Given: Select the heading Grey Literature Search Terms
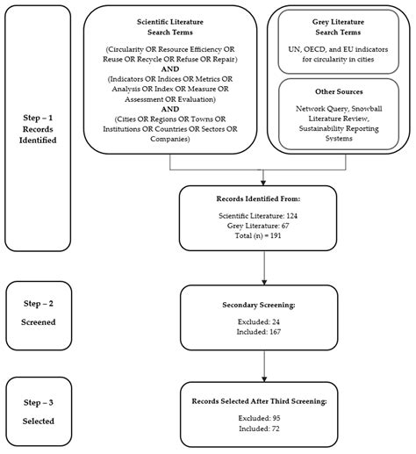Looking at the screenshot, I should pyautogui.click(x=339, y=28).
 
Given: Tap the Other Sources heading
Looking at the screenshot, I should pyautogui.click(x=339, y=92).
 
